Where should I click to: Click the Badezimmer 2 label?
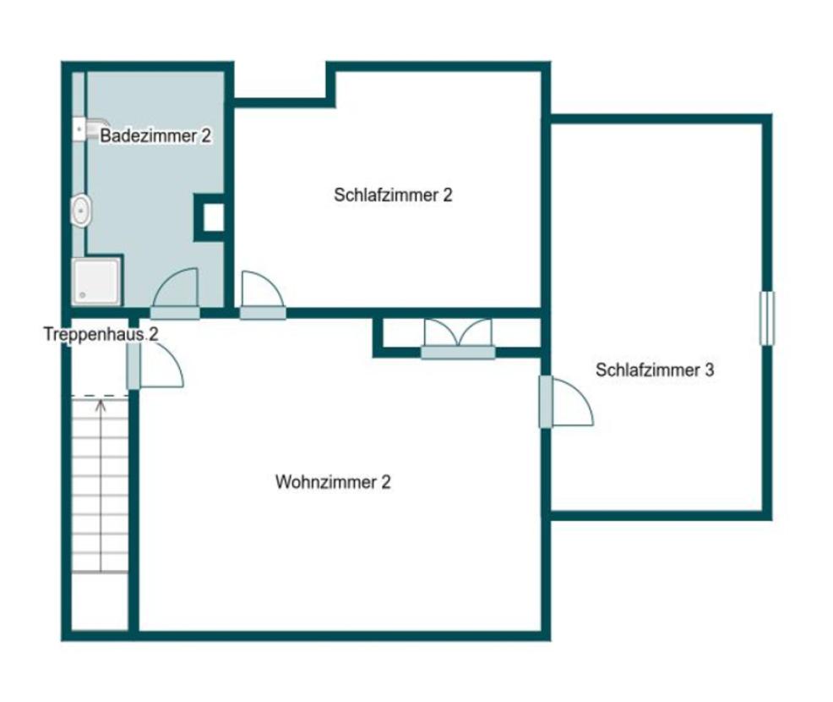coord(155,135)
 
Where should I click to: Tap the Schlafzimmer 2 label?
coord(393,195)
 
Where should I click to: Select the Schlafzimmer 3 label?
coord(655,370)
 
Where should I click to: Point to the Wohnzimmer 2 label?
coord(333,482)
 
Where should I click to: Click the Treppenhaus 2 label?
coord(101,335)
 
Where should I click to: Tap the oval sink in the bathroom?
coord(80,211)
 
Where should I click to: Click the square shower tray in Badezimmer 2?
coord(96,282)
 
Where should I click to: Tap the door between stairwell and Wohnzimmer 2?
coord(155,365)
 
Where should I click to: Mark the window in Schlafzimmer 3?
coord(766,318)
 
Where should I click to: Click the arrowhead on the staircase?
coord(101,405)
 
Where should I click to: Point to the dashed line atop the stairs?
coord(100,396)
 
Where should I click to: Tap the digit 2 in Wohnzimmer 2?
coord(386,482)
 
